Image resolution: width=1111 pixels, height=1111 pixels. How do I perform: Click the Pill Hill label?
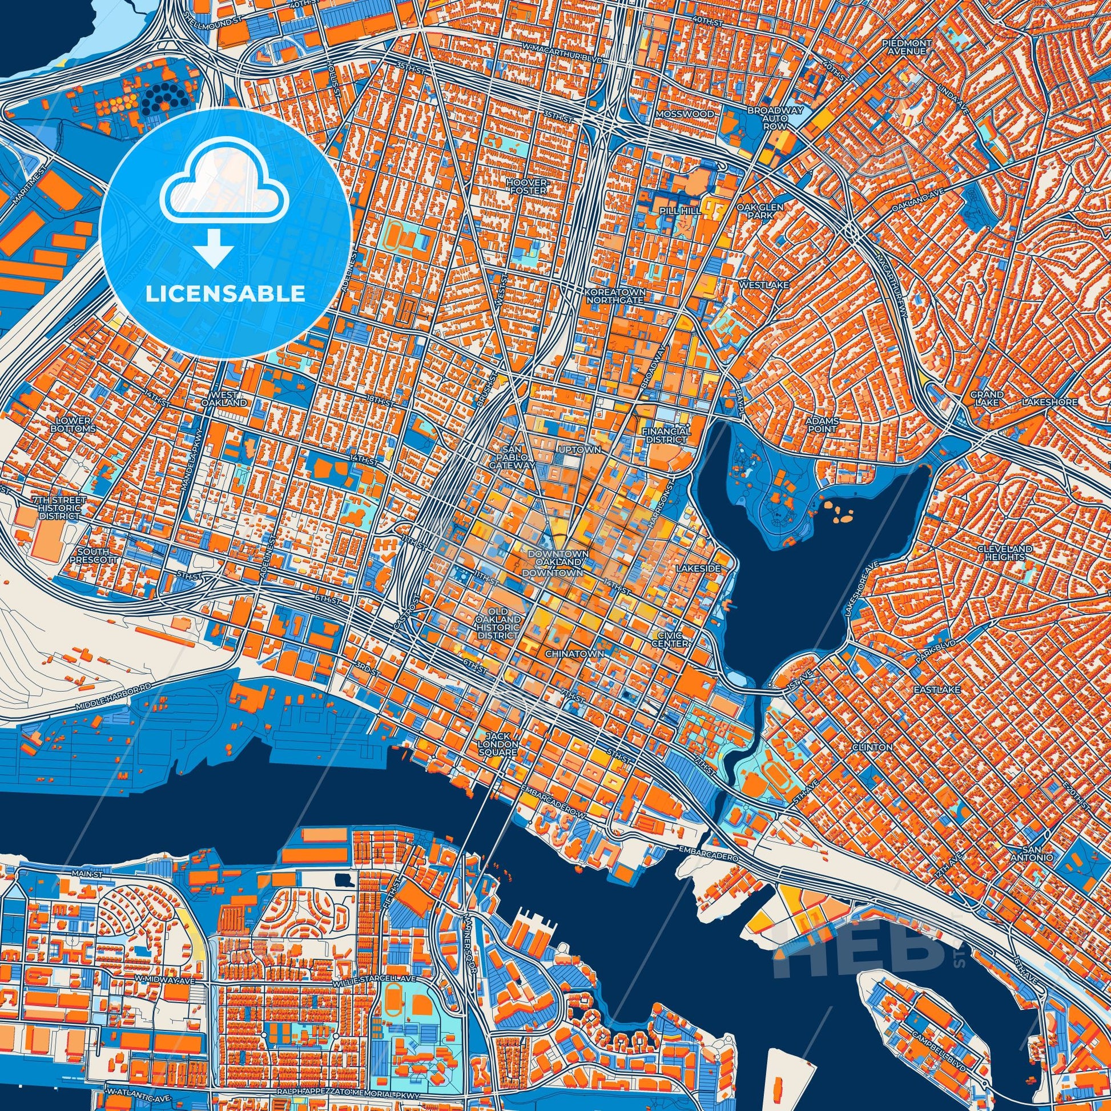tap(681, 211)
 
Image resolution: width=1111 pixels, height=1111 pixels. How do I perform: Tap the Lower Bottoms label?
tap(73, 425)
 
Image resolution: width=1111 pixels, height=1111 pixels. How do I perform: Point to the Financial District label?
tap(666, 434)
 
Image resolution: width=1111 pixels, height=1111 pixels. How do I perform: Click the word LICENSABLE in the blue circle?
tap(226, 293)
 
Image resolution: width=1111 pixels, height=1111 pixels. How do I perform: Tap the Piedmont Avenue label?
tap(905, 47)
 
